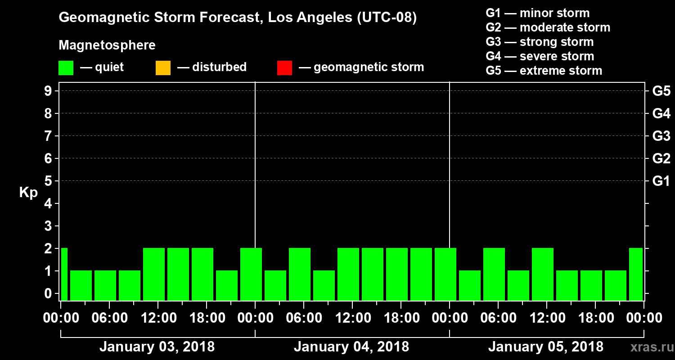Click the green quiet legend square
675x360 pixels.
point(66,68)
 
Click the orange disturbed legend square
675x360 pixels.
point(163,68)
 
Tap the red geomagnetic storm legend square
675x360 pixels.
point(284,68)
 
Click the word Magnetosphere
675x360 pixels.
point(107,45)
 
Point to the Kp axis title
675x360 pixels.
point(28,193)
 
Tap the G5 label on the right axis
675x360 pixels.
point(661,91)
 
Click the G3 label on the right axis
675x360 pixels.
point(661,136)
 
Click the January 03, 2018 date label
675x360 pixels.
point(157,347)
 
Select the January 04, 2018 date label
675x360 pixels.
point(351,347)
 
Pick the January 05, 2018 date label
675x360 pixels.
point(546,347)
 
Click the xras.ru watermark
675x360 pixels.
point(648,347)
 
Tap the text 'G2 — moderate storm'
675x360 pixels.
point(548,27)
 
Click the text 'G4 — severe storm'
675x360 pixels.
point(540,56)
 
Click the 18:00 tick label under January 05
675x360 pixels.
point(594,318)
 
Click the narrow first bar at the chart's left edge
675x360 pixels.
point(64,274)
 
